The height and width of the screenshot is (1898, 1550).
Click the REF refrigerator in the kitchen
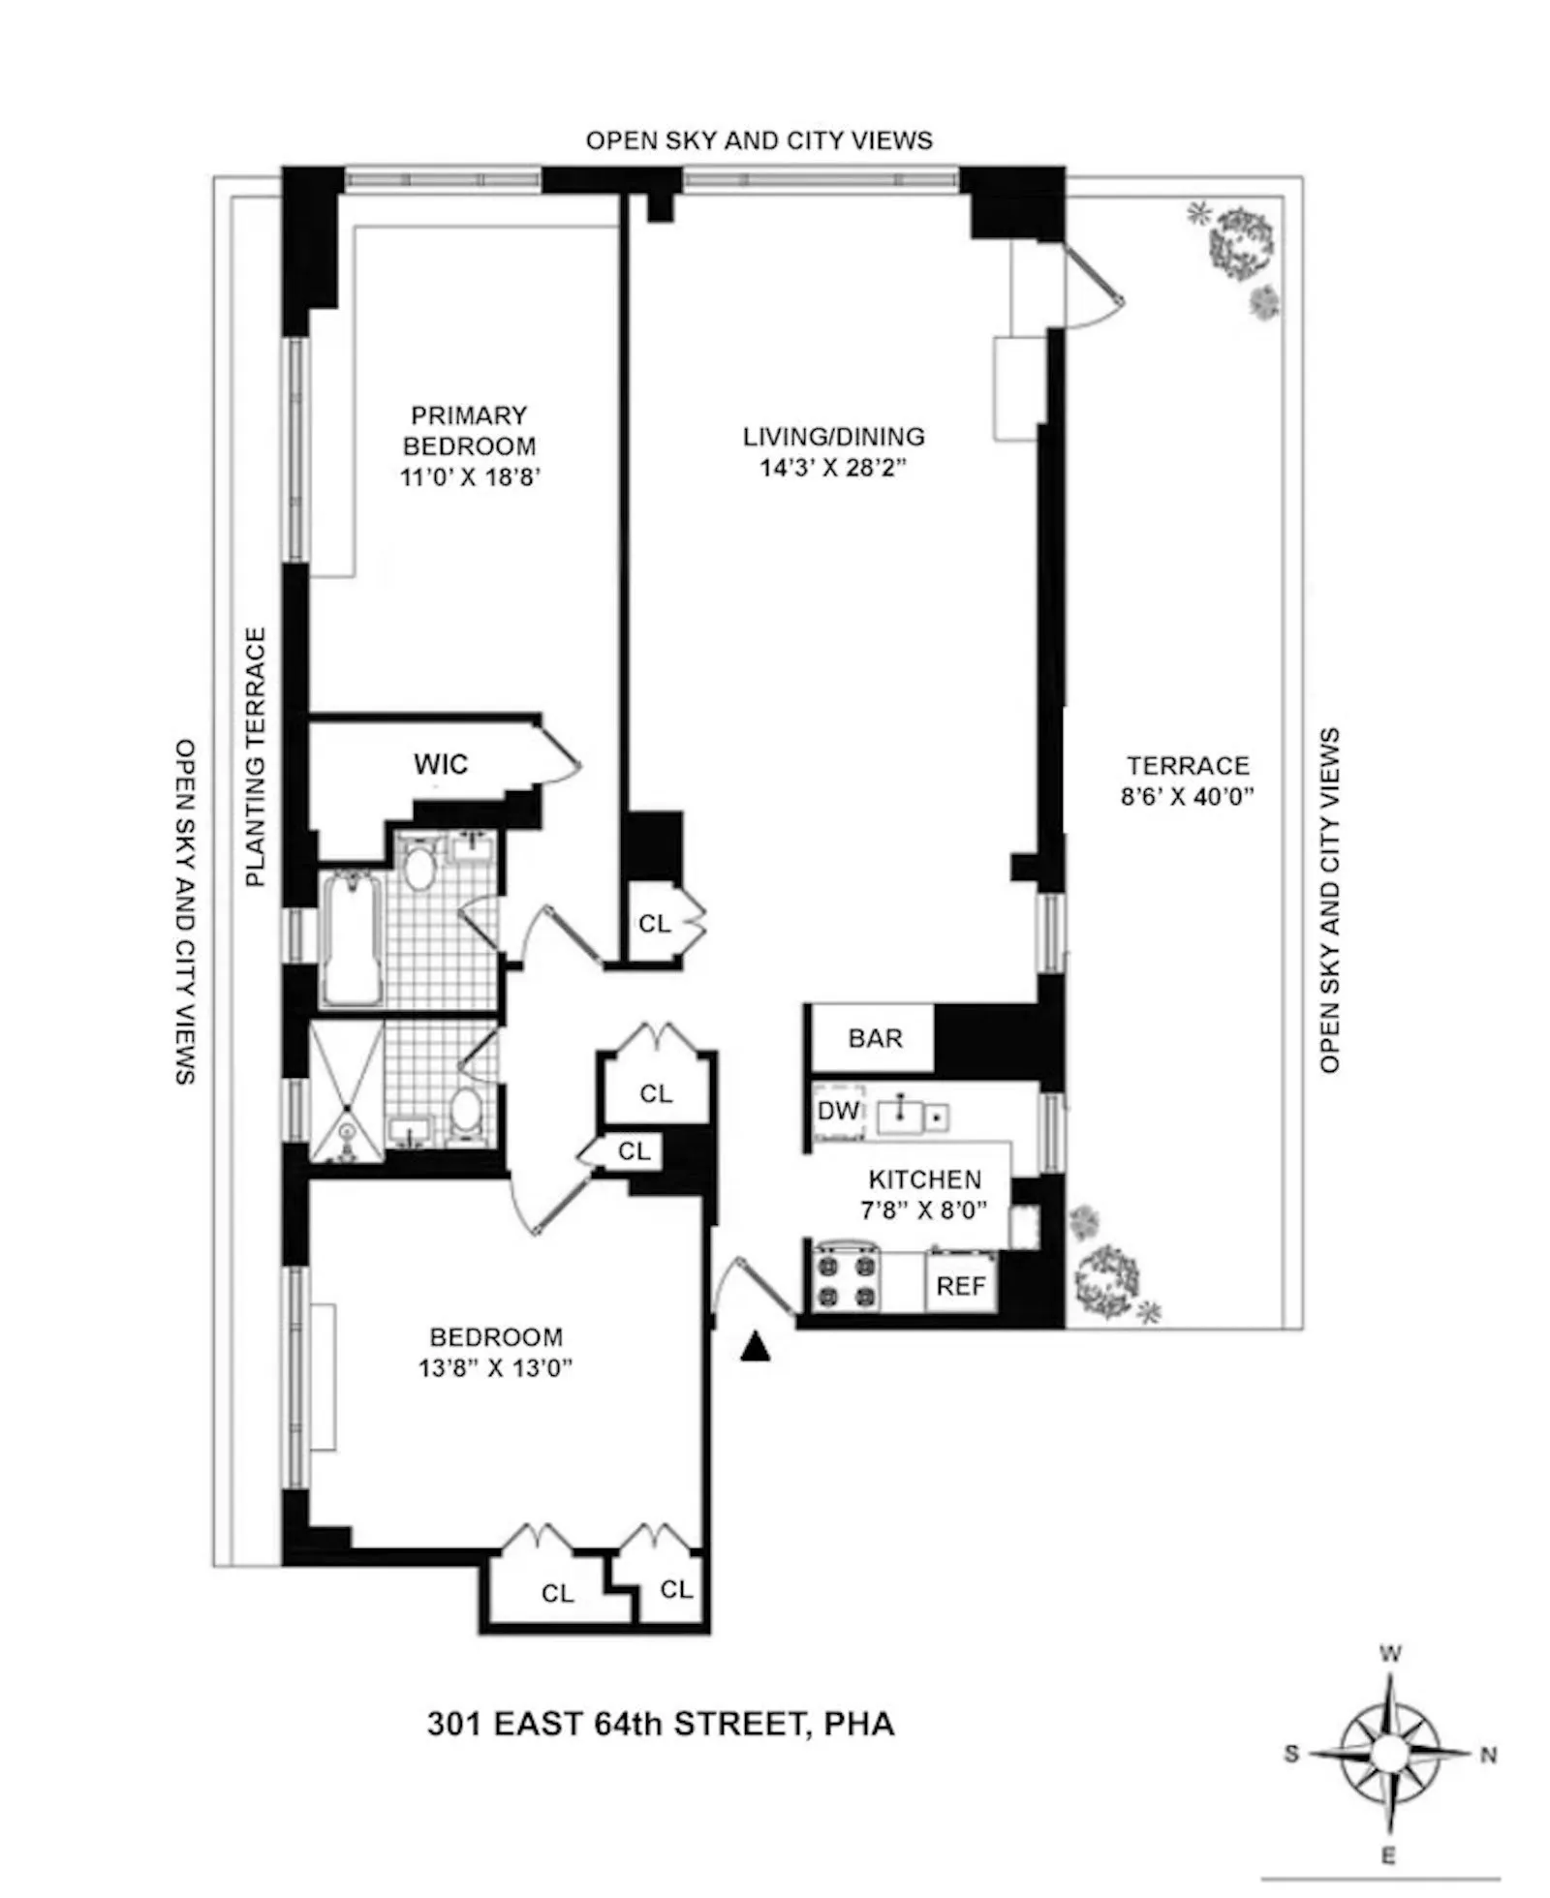tap(960, 1286)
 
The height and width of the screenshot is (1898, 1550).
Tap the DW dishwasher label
tap(837, 1111)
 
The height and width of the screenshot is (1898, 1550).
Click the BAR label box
tap(874, 1038)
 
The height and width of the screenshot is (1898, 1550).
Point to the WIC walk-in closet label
tap(441, 764)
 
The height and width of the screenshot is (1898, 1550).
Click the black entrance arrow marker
tap(755, 1347)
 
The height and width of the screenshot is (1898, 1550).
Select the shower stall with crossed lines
tap(346, 1092)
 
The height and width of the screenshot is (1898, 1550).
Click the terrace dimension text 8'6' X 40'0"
tap(1188, 797)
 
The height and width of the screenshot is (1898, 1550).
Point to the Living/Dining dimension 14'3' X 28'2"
tap(833, 468)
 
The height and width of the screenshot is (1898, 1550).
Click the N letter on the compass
tap(1489, 1754)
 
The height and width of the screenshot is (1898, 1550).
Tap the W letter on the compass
tap(1389, 1654)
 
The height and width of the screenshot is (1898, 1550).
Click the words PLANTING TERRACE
tap(255, 756)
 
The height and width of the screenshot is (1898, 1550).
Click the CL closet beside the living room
tap(655, 924)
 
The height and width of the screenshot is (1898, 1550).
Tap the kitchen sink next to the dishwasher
tap(902, 1115)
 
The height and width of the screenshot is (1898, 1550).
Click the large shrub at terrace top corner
tap(1240, 239)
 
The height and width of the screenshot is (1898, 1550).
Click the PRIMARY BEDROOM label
tap(469, 430)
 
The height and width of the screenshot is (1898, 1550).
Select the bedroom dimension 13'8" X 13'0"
tap(495, 1368)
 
